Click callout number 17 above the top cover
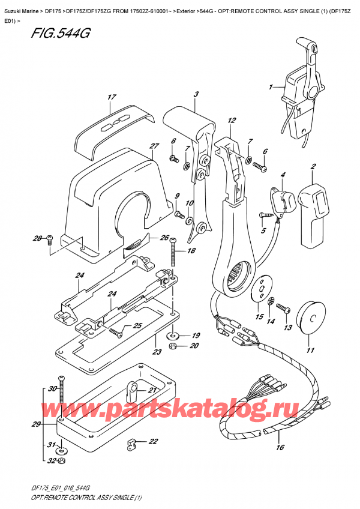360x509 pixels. (x=111, y=97)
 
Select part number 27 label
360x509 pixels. (x=154, y=146)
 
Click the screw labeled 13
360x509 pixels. (x=286, y=310)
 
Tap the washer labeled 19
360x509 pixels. (x=173, y=334)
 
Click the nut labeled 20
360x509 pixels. (x=173, y=346)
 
